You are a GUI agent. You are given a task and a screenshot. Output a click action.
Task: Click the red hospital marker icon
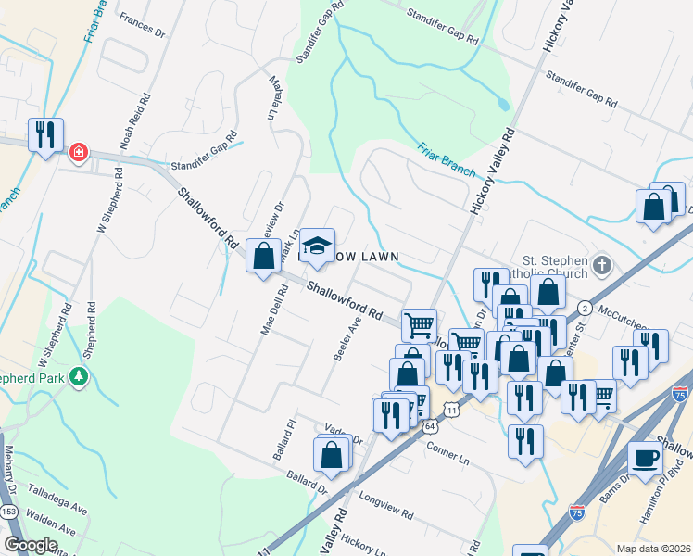click(78, 151)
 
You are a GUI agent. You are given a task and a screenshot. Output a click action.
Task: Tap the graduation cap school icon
click(317, 245)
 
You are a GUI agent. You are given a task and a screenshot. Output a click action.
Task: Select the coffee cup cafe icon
click(645, 457)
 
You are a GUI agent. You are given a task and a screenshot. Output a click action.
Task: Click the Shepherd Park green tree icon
click(81, 376)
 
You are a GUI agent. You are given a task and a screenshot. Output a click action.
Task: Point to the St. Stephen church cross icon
click(603, 266)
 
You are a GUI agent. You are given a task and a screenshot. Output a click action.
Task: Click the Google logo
click(31, 545)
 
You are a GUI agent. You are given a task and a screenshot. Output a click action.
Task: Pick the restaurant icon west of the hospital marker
click(44, 135)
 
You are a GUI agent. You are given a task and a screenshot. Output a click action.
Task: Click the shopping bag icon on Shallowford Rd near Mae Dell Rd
click(263, 255)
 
